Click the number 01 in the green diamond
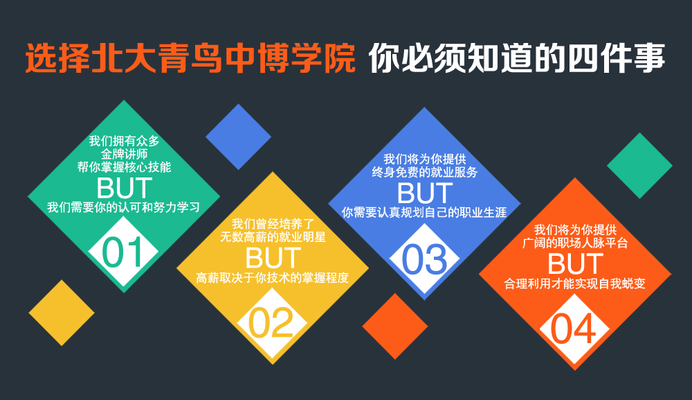pos(123,252)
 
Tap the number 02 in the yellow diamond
pos(271,323)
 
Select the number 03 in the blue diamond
pos(424,259)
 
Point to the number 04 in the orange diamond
pos(573,329)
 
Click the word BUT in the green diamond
pos(125,189)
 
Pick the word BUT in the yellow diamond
pos(273,259)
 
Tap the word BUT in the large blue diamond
pos(425,193)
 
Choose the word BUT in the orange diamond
pos(575,264)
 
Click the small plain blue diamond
pos(238,137)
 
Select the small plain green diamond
pos(639,166)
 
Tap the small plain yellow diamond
pos(62,313)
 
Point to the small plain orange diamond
pos(395,327)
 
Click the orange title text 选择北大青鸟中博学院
pos(190,58)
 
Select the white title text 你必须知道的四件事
pos(516,58)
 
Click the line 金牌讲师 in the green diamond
pos(124,154)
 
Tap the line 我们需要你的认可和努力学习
pos(124,207)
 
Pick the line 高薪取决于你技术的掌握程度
pos(272,277)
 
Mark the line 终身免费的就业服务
pos(425,172)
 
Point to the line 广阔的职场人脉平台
pos(574,243)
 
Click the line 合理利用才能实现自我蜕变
pos(574,284)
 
